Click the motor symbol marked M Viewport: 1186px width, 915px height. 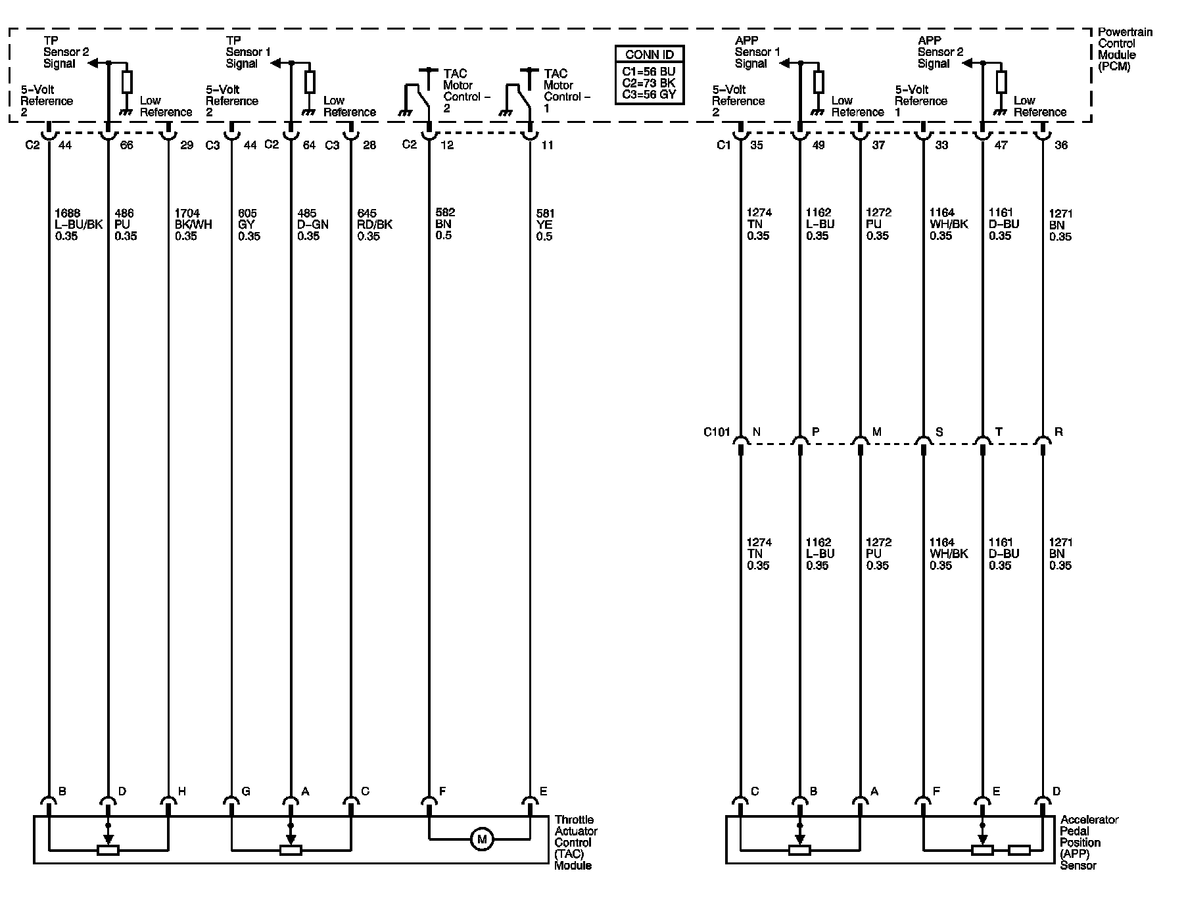point(481,839)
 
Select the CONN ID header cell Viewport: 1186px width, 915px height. point(650,55)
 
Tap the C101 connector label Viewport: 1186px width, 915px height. point(717,433)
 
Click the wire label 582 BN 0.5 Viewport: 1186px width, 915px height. point(445,224)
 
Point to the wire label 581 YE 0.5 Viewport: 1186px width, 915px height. point(545,225)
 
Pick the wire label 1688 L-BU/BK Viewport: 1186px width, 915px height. point(78,225)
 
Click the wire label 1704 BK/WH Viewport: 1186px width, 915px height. point(193,225)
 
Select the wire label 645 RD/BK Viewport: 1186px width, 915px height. point(375,225)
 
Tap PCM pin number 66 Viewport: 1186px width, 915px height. point(126,145)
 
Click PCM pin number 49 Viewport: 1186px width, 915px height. point(818,145)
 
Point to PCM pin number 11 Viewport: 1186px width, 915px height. point(547,145)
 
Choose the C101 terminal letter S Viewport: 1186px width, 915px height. point(939,432)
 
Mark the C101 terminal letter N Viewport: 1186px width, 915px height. point(757,432)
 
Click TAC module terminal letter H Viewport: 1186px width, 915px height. point(182,791)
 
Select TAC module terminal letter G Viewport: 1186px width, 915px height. point(246,791)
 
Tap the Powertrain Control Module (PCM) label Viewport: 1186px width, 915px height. point(1125,49)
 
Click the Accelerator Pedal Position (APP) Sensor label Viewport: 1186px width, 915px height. point(1089,842)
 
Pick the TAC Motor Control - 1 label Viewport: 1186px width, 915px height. point(567,91)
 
